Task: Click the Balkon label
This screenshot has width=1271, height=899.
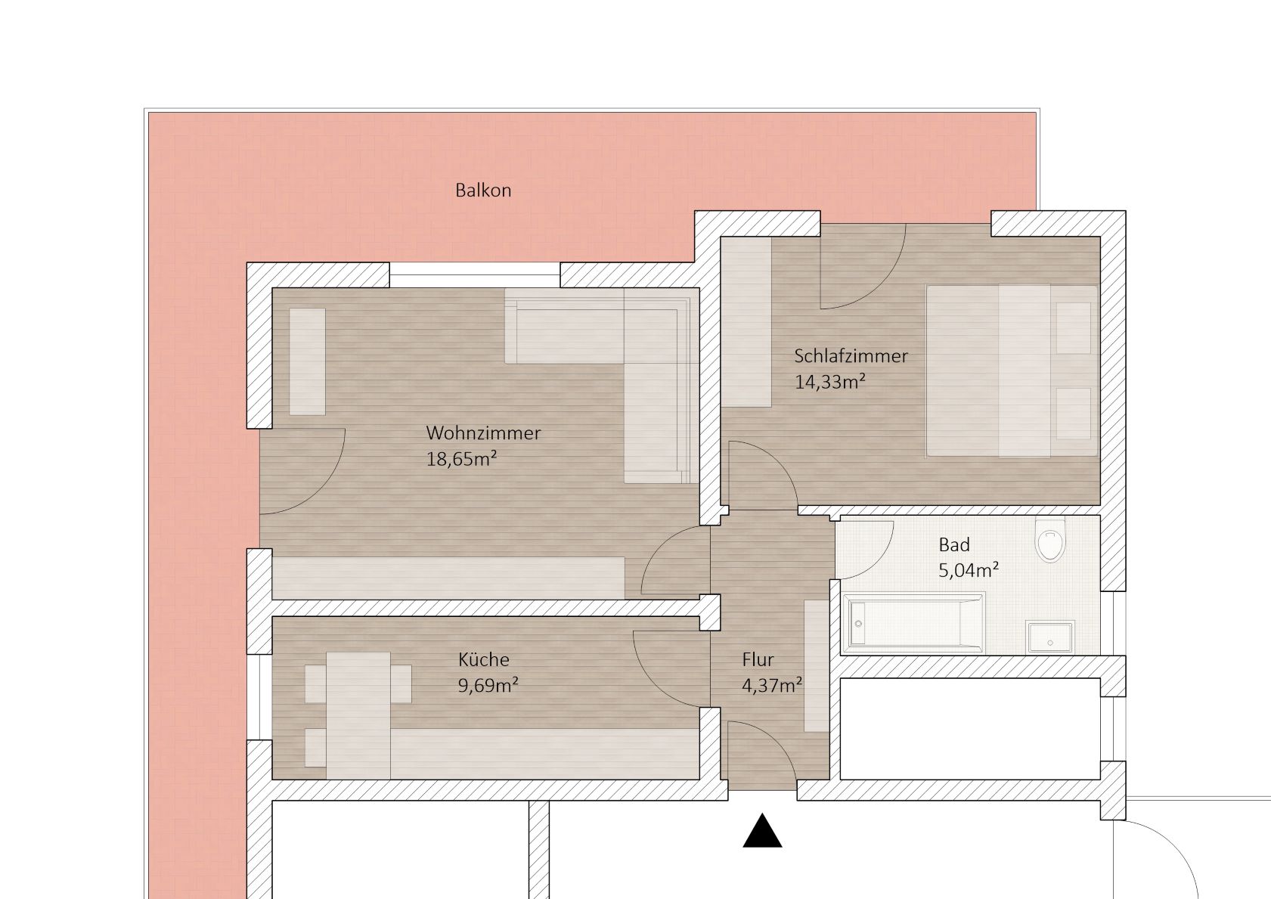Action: coord(483,190)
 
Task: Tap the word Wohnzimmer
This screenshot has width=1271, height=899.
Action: coord(483,433)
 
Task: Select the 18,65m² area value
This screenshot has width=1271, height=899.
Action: coord(462,459)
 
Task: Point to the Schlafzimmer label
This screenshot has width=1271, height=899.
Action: coord(851,356)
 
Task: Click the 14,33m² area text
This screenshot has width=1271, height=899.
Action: coord(829,381)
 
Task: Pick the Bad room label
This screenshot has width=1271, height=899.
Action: coord(954,545)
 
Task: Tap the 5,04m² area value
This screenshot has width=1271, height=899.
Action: coord(969,570)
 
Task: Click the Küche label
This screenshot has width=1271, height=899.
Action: coord(483,659)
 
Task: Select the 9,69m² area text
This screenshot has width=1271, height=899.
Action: coord(488,685)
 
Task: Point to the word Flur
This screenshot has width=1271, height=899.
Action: coord(758,659)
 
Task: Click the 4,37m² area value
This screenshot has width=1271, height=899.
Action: coord(772,685)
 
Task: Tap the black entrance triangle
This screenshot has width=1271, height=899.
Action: coord(763,830)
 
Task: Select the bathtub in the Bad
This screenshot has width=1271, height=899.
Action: coord(913,622)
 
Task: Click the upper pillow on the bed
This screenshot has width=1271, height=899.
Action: coord(1074,328)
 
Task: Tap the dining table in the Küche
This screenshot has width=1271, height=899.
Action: coord(358,715)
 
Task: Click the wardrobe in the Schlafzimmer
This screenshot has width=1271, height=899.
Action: coord(746,322)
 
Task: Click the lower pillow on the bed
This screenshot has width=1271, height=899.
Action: coord(1074,413)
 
